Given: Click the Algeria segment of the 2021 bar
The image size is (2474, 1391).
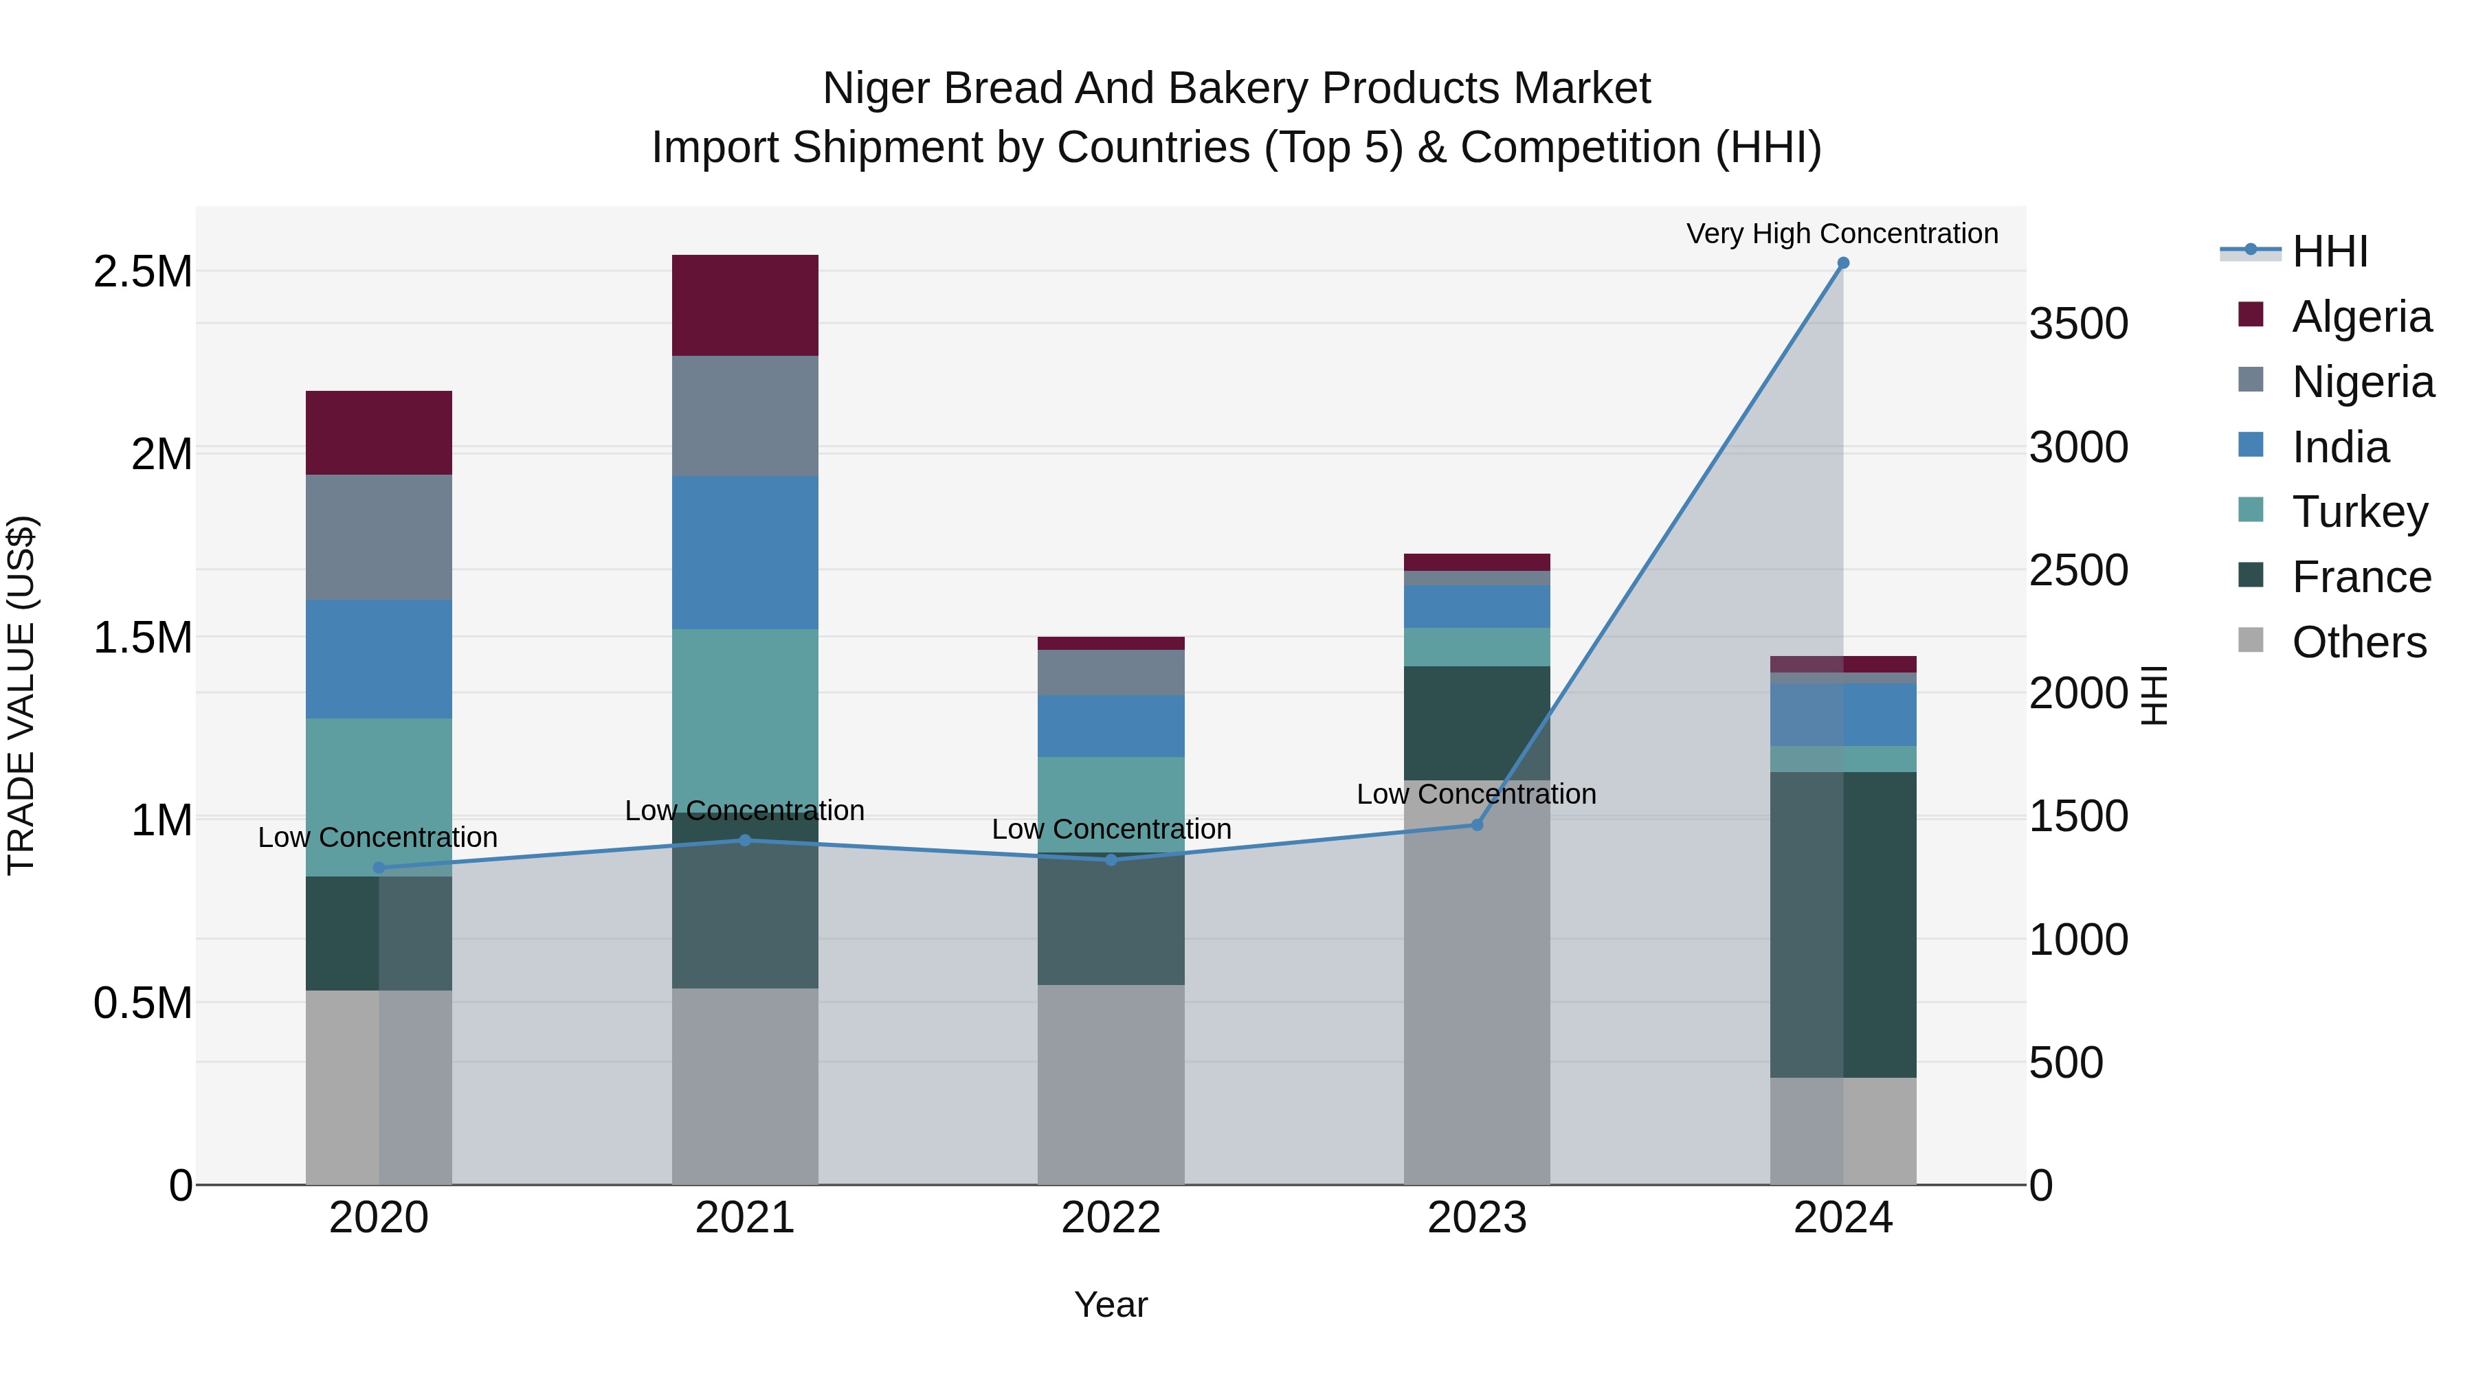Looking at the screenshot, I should tap(744, 305).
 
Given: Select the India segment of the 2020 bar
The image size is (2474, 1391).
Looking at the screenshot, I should tap(379, 659).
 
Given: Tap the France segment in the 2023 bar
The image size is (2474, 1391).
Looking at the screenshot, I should tap(1476, 722).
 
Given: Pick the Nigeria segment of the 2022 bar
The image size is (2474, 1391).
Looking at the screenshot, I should tap(1111, 672).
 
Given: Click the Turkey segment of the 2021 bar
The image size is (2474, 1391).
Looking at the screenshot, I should tap(744, 710).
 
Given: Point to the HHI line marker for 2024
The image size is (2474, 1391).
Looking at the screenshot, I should tap(1842, 263).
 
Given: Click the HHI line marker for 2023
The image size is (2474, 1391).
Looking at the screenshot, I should tap(1477, 824).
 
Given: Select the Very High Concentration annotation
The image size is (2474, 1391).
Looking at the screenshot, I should tap(1841, 234).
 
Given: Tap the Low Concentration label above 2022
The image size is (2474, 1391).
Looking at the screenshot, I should tap(1111, 828).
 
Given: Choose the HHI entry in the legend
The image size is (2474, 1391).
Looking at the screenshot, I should tap(2329, 251).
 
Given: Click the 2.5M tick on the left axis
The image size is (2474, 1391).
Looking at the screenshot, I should tap(142, 271).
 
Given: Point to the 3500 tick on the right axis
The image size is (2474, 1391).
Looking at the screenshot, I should tap(2078, 324).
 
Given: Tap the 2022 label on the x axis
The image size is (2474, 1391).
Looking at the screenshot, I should tap(1111, 1217).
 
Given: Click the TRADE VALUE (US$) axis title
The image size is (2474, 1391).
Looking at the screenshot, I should tap(21, 695).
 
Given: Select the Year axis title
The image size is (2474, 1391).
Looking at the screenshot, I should tap(1111, 1304).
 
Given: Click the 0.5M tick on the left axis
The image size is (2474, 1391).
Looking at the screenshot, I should tap(142, 1003).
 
